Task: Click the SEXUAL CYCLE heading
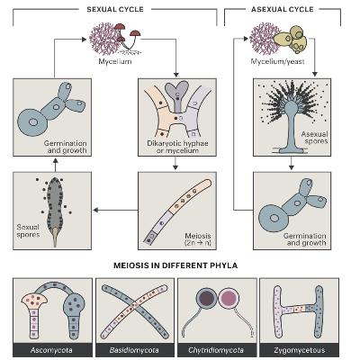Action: (x=115, y=9)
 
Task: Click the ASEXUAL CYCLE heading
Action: (x=283, y=9)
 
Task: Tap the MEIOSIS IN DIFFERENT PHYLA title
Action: (x=175, y=265)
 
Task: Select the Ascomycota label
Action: (x=51, y=350)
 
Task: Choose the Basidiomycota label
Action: (x=134, y=350)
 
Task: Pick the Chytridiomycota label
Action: (x=216, y=350)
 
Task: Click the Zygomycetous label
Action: (x=300, y=350)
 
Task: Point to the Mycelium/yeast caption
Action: (x=277, y=61)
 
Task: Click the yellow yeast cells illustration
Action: (x=292, y=40)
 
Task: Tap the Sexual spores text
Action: (x=28, y=230)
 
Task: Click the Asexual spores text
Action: (x=314, y=138)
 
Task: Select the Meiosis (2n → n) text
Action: (x=198, y=239)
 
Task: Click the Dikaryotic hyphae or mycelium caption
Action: (x=177, y=147)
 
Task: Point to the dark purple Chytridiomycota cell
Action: (x=206, y=299)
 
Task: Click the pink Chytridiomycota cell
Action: (x=228, y=299)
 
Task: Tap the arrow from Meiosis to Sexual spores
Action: (x=115, y=210)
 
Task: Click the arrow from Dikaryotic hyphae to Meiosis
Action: (x=175, y=163)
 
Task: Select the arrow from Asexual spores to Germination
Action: (x=291, y=163)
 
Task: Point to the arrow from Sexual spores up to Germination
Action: (x=55, y=165)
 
